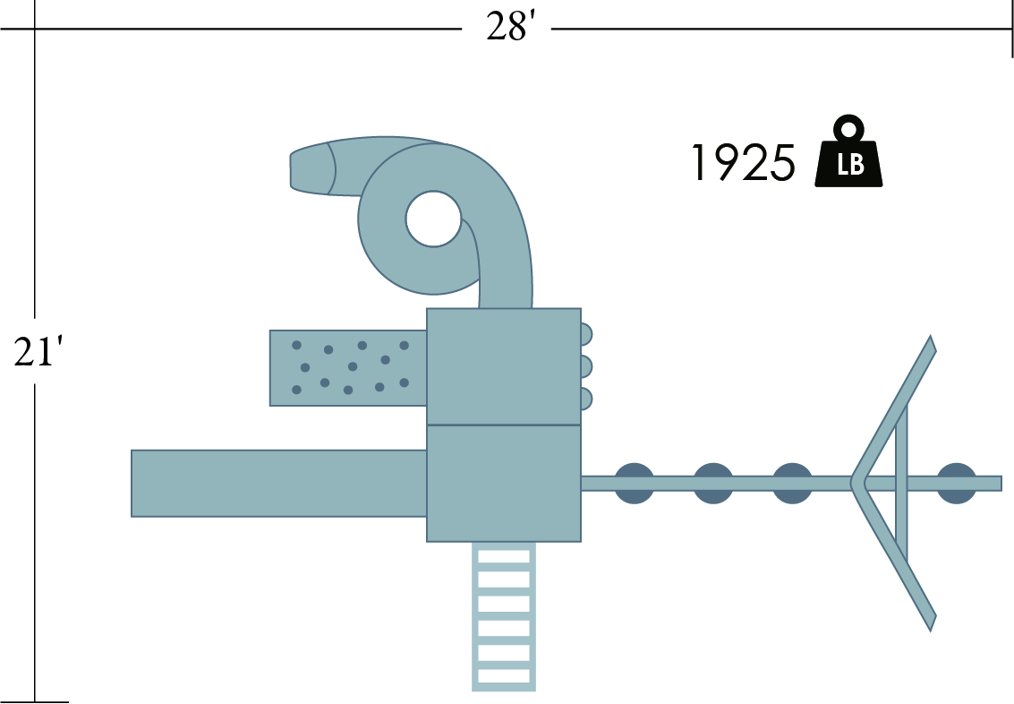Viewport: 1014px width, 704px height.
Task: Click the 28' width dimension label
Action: click(x=511, y=28)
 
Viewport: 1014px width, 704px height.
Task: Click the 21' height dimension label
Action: click(x=38, y=353)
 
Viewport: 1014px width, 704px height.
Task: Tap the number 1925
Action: click(x=743, y=163)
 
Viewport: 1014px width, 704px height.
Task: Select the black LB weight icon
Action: click(x=848, y=151)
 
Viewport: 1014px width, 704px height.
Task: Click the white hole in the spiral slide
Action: click(x=433, y=219)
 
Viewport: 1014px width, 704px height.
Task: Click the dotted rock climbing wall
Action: click(x=348, y=368)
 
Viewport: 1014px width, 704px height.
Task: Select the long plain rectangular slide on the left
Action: click(x=278, y=484)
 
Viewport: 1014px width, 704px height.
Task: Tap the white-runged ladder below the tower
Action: click(x=504, y=616)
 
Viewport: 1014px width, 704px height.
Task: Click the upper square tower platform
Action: click(x=504, y=366)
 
